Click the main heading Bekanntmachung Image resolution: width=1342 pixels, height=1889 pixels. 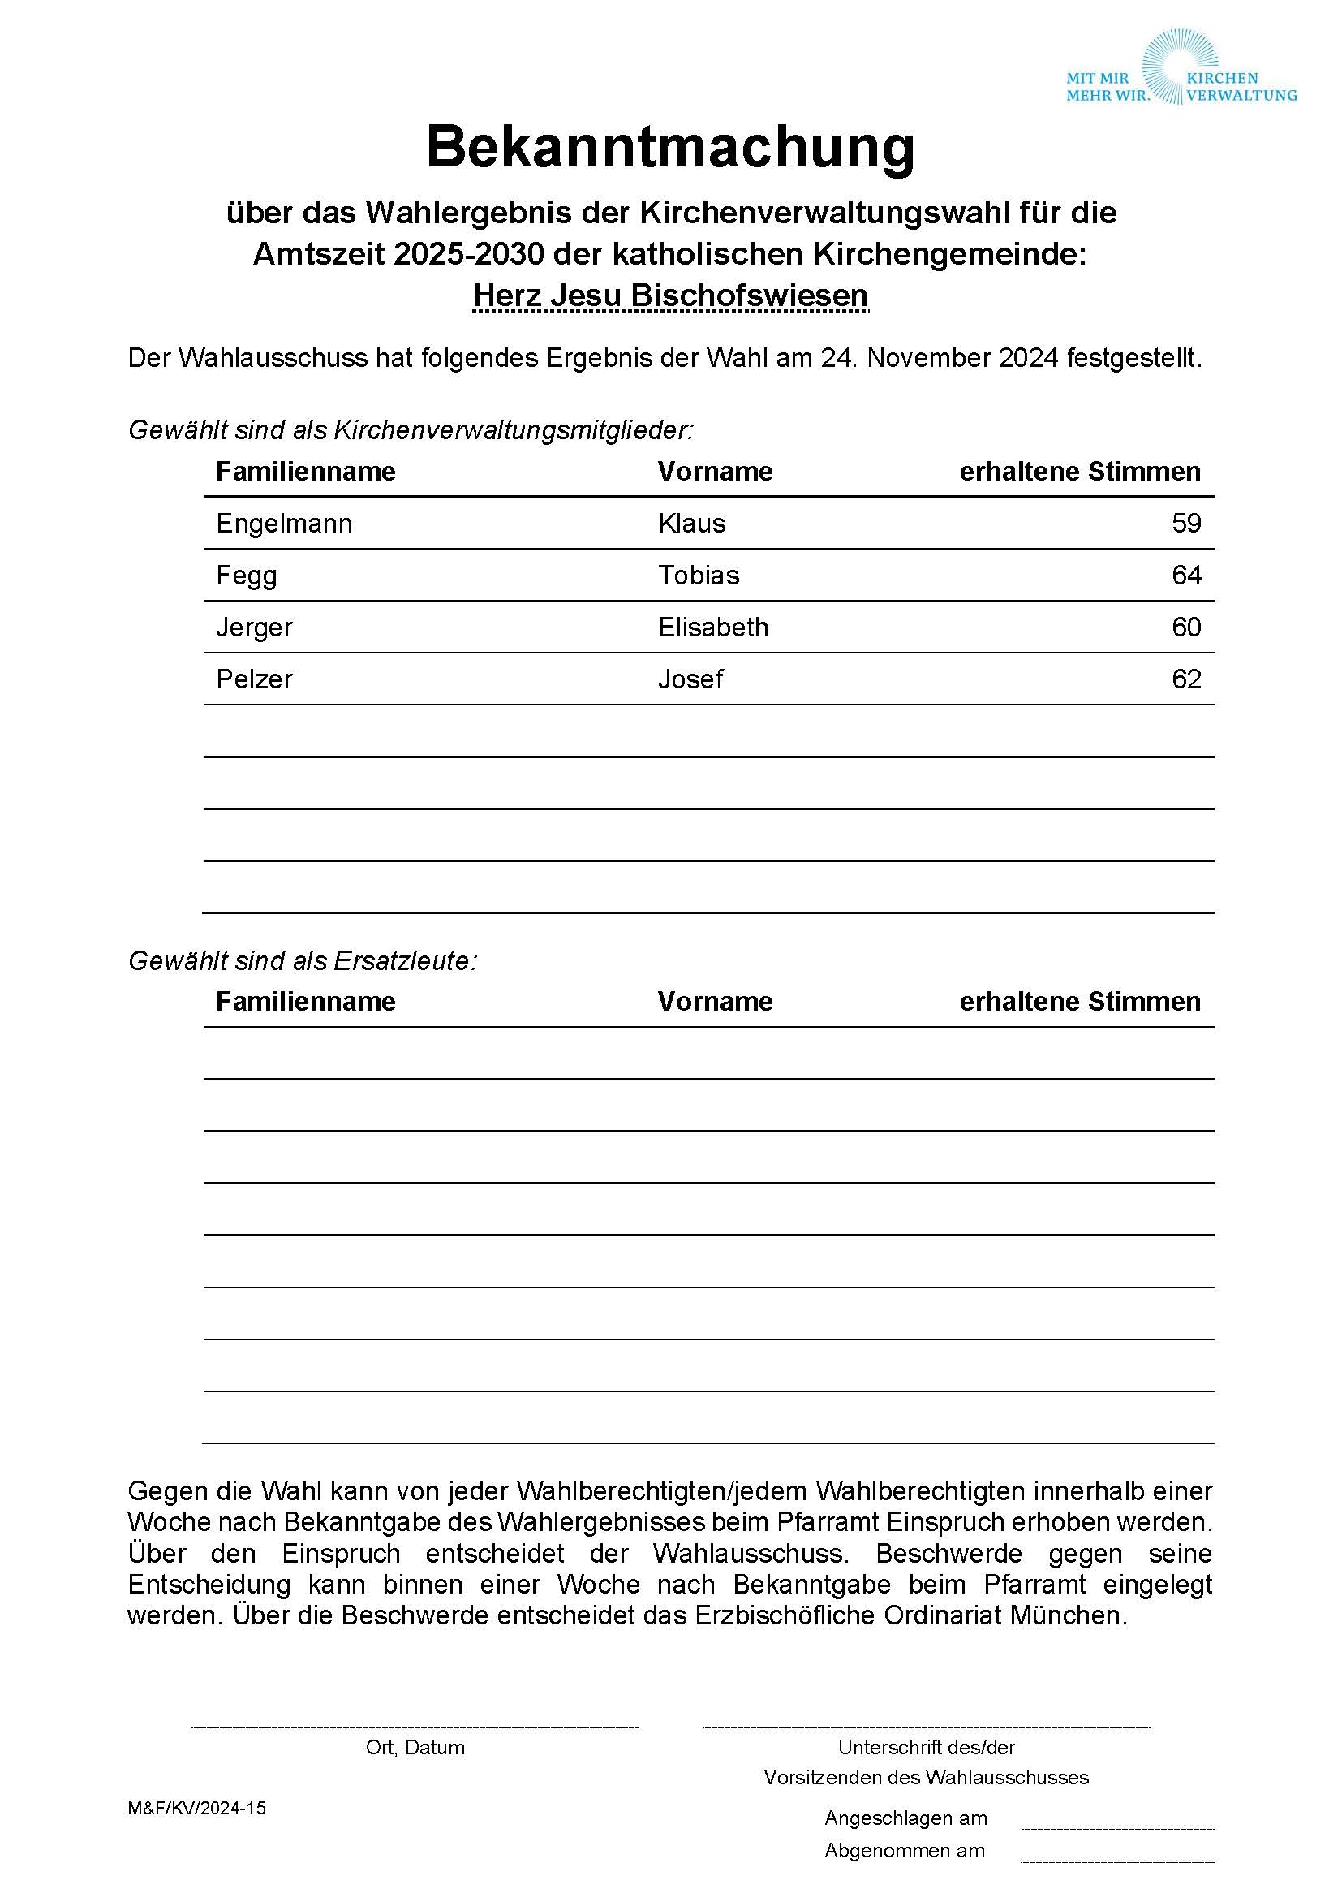pyautogui.click(x=670, y=147)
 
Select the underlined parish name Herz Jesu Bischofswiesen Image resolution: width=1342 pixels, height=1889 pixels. pyautogui.click(x=670, y=295)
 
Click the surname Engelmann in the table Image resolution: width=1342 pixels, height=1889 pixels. pyautogui.click(x=284, y=524)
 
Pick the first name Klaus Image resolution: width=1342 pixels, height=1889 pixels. pyautogui.click(x=691, y=524)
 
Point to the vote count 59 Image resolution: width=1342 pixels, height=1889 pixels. pyautogui.click(x=1186, y=524)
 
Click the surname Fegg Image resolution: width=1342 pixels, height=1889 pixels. pyautogui.click(x=247, y=576)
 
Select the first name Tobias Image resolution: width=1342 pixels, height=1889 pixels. pyautogui.click(x=699, y=576)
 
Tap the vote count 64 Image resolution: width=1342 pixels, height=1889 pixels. pyautogui.click(x=1186, y=576)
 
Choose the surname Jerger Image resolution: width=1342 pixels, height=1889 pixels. pyautogui.click(x=254, y=628)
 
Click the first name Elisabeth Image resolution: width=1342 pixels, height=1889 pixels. pyautogui.click(x=713, y=628)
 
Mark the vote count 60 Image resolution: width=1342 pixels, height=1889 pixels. pyautogui.click(x=1186, y=628)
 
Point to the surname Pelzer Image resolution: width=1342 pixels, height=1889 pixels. pyautogui.click(x=254, y=679)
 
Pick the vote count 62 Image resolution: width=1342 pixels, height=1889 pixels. pyautogui.click(x=1186, y=679)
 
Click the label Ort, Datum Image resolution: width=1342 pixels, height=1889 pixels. pyautogui.click(x=415, y=1747)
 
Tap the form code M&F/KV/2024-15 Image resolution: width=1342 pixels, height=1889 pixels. pyautogui.click(x=196, y=1808)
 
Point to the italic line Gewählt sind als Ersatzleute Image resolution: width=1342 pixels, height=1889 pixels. pyautogui.click(x=303, y=960)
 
